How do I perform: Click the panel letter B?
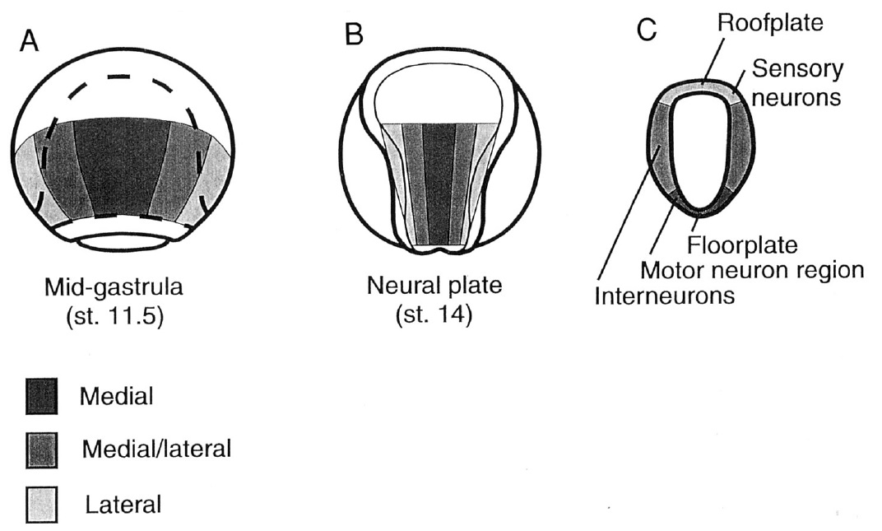pyautogui.click(x=354, y=35)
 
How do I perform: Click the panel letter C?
pyautogui.click(x=647, y=31)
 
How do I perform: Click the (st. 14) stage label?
pyautogui.click(x=434, y=315)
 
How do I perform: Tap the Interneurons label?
pyautogui.click(x=665, y=295)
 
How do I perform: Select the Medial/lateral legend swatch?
pyautogui.click(x=41, y=450)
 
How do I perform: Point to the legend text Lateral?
pyautogui.click(x=123, y=503)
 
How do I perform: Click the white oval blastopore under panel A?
pyautogui.click(x=121, y=242)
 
